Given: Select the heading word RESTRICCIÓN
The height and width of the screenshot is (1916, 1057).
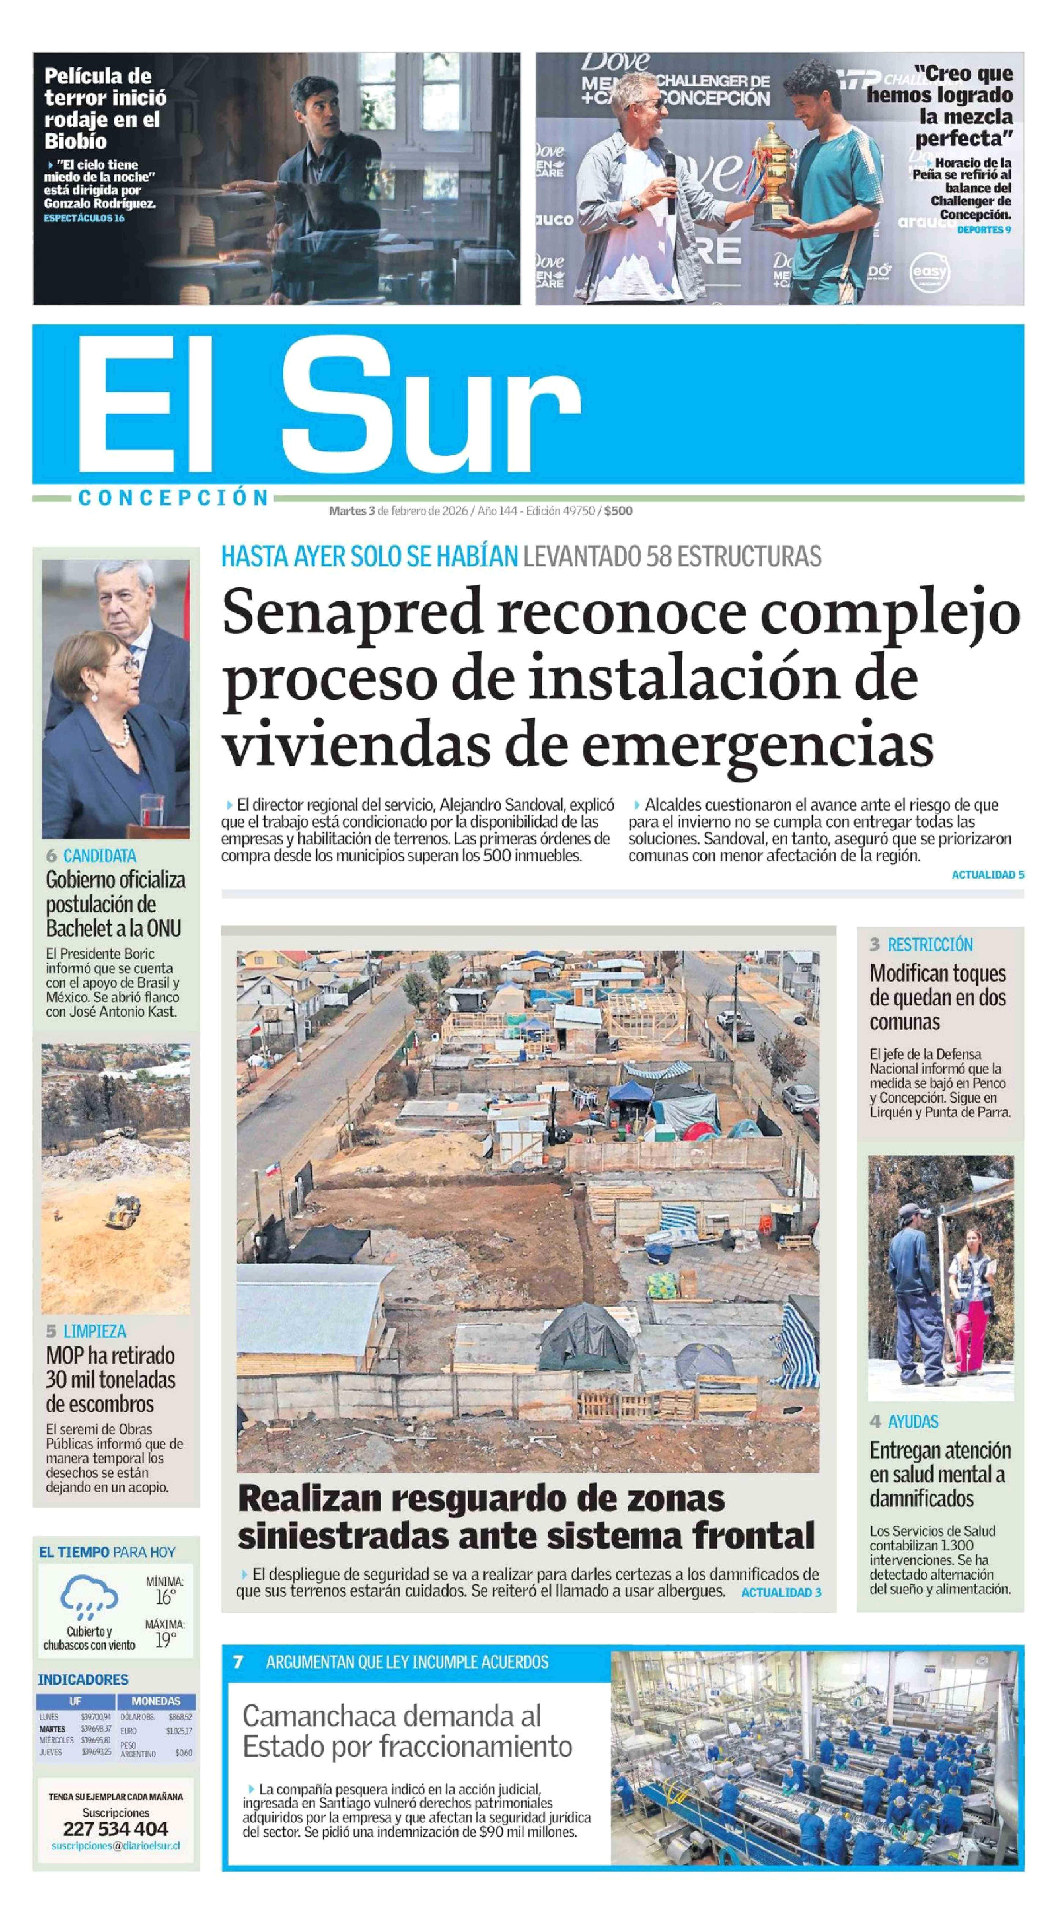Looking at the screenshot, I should (930, 945).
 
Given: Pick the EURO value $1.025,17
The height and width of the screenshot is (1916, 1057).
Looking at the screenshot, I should (178, 1731).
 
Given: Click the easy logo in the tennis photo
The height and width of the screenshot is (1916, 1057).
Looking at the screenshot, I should (930, 273).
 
